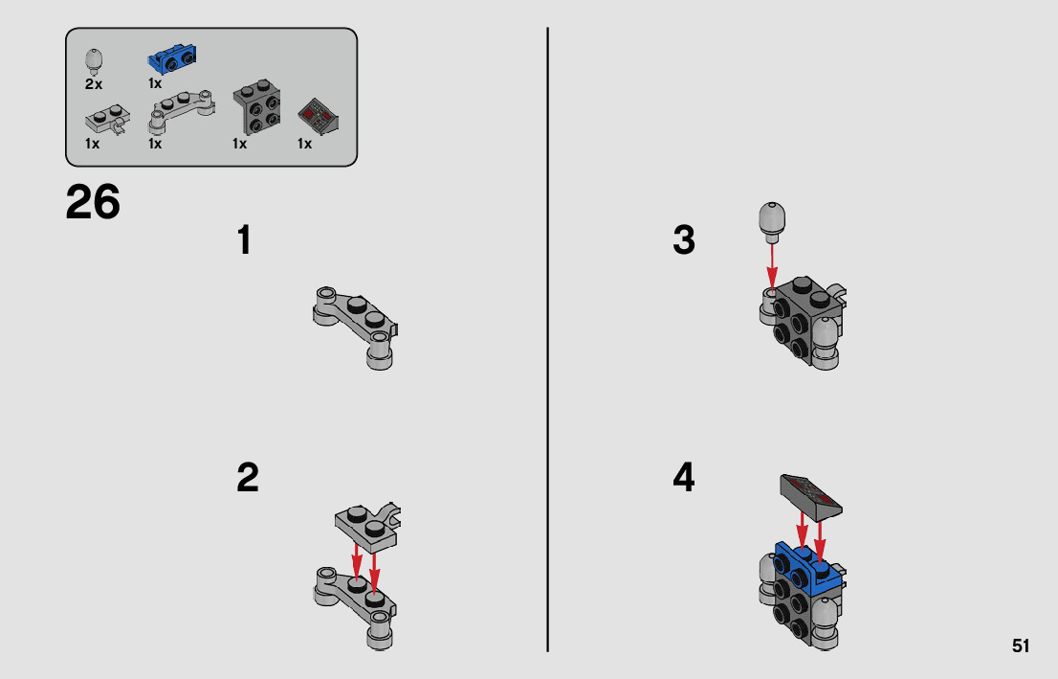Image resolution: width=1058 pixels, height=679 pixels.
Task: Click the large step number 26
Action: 93,202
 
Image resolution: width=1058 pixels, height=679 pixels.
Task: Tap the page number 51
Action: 1020,645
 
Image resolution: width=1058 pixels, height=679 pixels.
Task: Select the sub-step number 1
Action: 244,240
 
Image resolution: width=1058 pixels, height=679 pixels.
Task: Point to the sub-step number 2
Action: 248,478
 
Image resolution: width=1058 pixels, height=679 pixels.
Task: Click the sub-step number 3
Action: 684,239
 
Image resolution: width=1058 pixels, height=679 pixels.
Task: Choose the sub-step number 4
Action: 684,477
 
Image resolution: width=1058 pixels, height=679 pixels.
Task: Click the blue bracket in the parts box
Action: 172,58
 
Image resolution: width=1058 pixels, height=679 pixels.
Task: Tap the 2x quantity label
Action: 94,84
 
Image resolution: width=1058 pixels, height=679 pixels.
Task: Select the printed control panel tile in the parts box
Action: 318,116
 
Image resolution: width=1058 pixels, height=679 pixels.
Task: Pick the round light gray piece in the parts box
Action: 95,60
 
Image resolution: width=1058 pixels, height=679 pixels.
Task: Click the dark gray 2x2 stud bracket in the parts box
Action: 256,106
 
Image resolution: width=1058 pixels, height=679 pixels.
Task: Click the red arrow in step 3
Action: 772,266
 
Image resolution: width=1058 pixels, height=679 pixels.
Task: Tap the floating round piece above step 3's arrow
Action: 772,221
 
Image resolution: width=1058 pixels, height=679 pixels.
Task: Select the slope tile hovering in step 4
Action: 811,496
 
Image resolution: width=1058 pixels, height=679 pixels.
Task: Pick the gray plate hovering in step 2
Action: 367,524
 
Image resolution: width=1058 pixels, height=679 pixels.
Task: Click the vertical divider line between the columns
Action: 547,339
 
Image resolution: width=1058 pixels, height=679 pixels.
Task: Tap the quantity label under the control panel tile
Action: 304,144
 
